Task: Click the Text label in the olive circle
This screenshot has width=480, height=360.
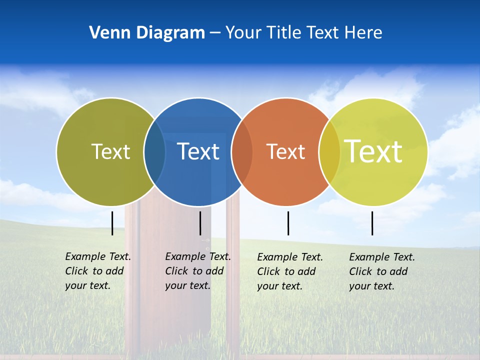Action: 110,151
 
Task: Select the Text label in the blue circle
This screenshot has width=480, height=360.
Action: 198,151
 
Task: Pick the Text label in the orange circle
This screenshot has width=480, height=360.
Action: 285,151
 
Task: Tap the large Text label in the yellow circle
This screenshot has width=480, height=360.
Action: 373,151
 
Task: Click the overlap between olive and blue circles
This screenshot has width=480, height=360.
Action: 154,151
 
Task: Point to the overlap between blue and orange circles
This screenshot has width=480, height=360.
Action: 242,151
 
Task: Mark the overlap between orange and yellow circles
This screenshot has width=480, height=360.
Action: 329,151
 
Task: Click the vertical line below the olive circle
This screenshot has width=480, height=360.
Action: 112,223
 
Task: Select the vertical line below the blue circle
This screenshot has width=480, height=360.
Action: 200,223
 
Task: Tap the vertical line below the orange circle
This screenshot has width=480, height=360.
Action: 288,223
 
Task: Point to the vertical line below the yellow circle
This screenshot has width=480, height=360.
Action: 372,223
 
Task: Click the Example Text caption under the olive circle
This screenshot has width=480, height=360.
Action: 98,271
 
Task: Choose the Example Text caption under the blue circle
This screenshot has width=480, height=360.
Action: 198,271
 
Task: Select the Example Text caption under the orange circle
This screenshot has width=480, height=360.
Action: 290,271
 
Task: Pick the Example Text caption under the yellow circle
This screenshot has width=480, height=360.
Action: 382,271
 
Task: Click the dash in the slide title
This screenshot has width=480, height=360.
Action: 215,33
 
